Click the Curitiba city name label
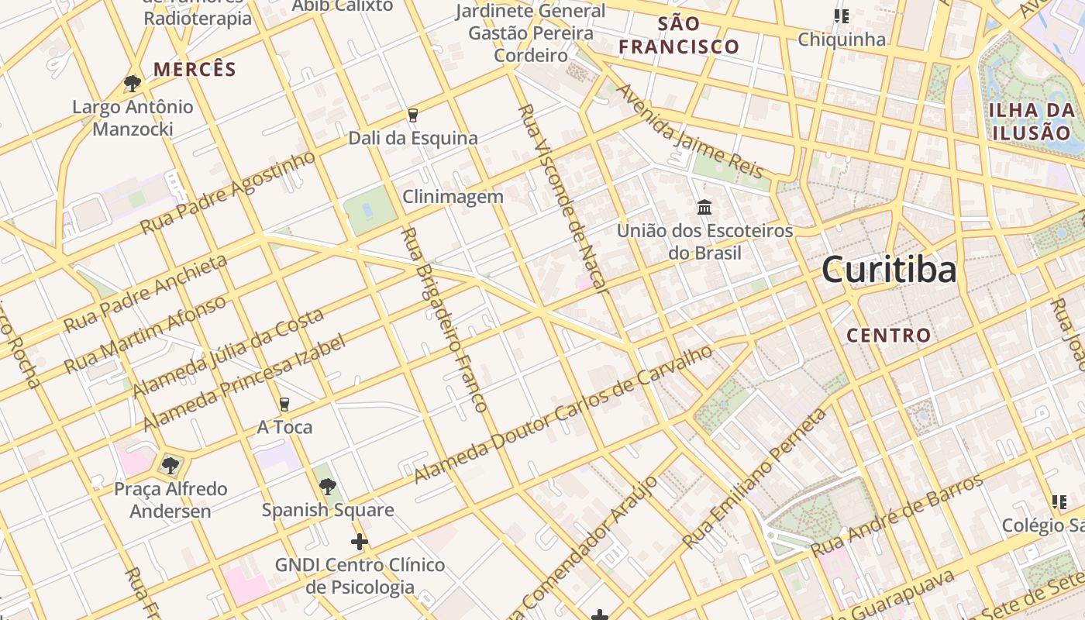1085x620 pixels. coord(888,270)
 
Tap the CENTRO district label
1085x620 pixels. coord(888,336)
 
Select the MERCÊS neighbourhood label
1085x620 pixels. coord(195,69)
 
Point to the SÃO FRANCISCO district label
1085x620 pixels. coord(679,36)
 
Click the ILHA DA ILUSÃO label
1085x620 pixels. coord(1032,121)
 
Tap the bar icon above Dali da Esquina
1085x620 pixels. coord(412,115)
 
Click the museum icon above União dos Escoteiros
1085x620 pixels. coord(704,207)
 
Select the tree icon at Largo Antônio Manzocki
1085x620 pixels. coord(133,83)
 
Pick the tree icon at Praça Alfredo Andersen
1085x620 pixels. coord(170,465)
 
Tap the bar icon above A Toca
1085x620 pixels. coord(284,404)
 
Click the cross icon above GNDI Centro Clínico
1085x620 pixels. coord(360,541)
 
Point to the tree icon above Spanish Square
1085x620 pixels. coord(328,487)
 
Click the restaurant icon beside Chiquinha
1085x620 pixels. coord(841,16)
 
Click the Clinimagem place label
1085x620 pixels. coord(453,197)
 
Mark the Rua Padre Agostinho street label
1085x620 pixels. coord(229,192)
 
